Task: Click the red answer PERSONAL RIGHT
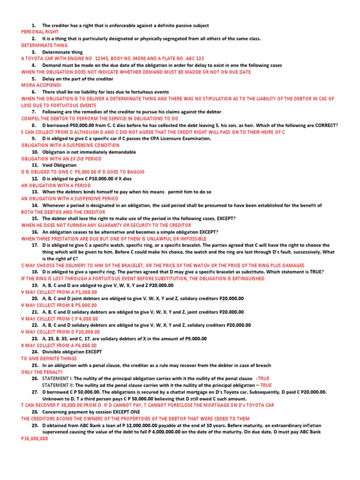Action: point(40,32)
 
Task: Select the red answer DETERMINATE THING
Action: point(45,45)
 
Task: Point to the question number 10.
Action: point(35,152)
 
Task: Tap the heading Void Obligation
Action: point(59,165)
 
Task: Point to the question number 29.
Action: point(35,425)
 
